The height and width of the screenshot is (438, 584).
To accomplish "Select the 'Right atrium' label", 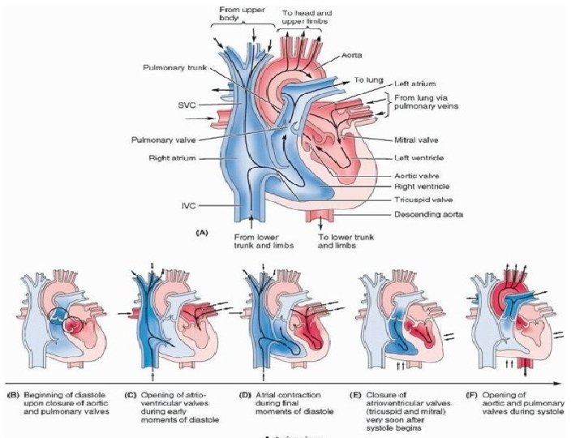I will click(173, 158).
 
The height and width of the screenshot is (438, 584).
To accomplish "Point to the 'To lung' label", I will click(369, 80).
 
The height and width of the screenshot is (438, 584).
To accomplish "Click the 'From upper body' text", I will click(240, 13).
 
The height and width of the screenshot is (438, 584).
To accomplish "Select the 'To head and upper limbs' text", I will click(307, 17).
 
